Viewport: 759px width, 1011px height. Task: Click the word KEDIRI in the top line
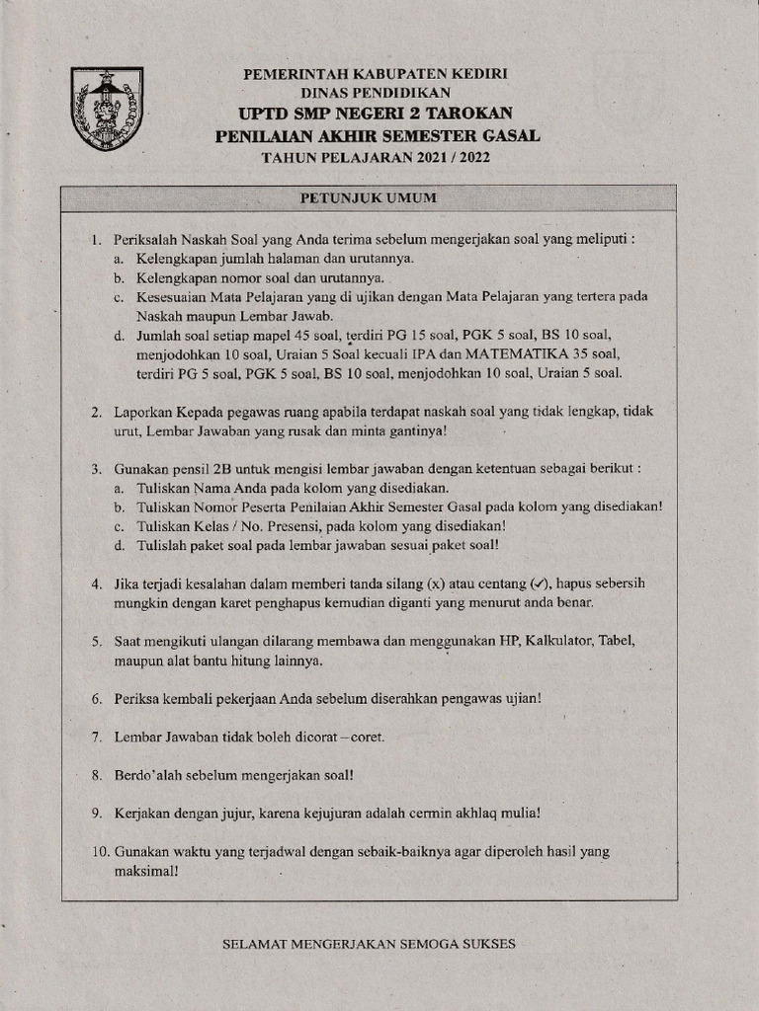pos(484,74)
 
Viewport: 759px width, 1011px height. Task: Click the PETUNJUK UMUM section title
pos(368,197)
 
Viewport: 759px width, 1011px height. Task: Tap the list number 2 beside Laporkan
pos(96,411)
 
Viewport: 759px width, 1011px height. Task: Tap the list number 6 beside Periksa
pos(96,699)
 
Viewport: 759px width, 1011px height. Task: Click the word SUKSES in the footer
pos(484,944)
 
